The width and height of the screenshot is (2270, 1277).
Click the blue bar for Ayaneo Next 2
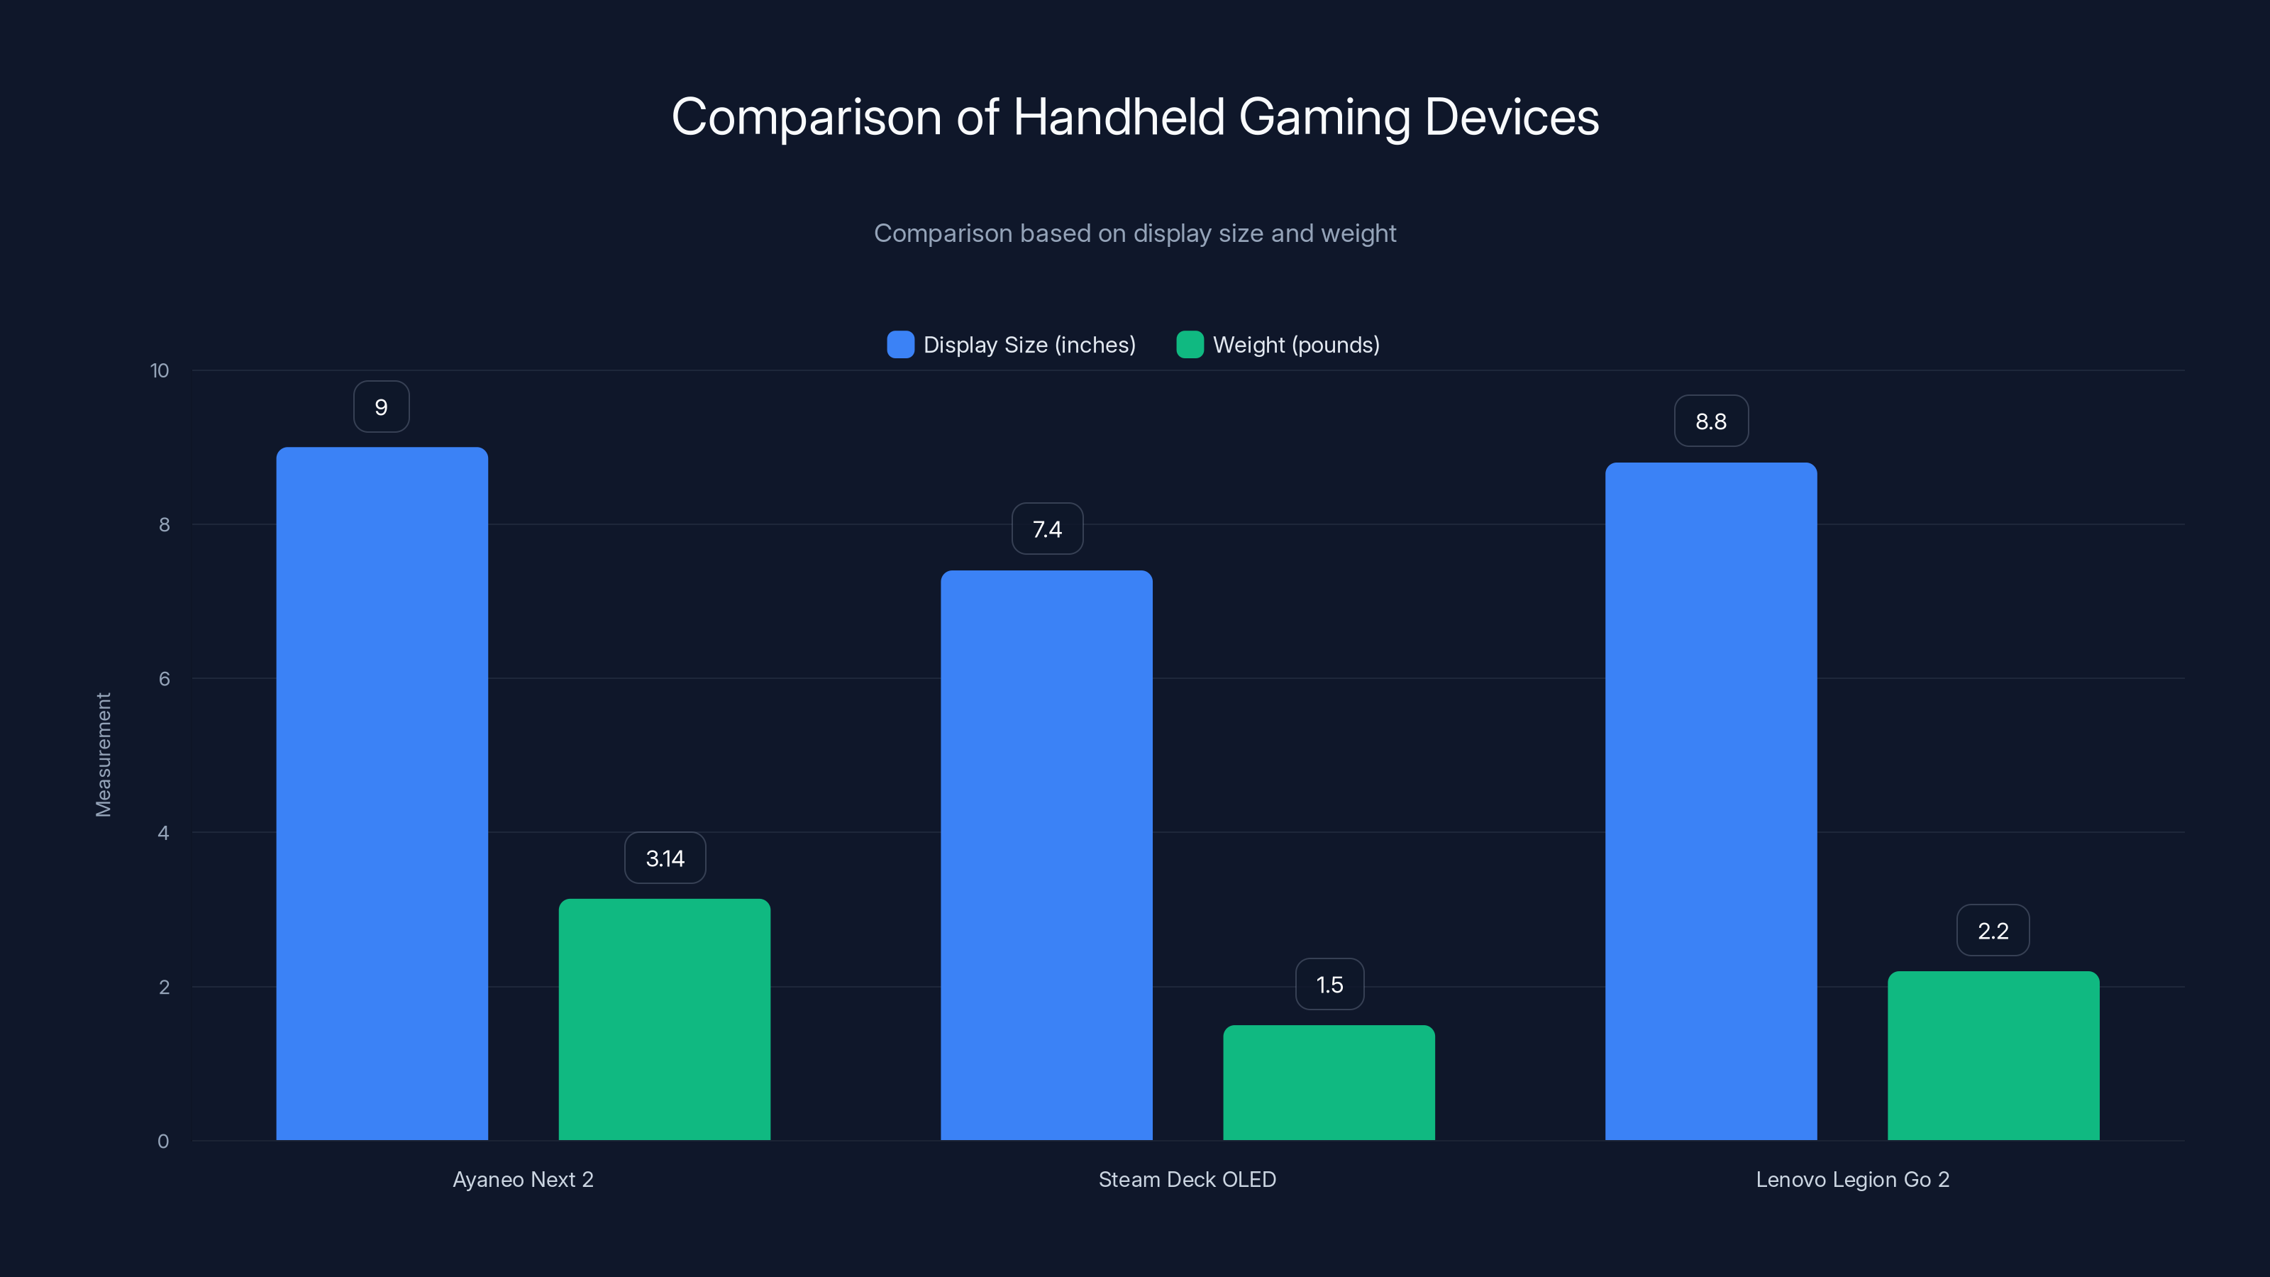point(382,793)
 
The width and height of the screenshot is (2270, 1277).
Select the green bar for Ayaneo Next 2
point(665,1019)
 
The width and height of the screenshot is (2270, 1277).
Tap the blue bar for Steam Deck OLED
point(1046,855)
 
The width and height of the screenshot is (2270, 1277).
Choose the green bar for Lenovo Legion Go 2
point(1993,1055)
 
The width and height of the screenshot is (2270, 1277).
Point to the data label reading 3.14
point(665,858)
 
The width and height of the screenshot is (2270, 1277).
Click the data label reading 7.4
point(1047,529)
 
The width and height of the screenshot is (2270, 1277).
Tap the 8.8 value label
point(1710,421)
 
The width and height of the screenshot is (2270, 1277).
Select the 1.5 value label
point(1329,985)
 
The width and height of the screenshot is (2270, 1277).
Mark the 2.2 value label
point(1993,931)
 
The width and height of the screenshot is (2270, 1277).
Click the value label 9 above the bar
point(382,407)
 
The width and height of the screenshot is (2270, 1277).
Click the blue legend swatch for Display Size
point(899,345)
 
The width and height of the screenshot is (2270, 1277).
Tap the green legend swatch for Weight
point(1190,345)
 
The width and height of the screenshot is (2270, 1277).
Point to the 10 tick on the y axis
point(160,370)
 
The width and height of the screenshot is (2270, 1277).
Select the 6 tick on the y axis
point(164,679)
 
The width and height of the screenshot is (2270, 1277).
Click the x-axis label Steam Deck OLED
point(1187,1179)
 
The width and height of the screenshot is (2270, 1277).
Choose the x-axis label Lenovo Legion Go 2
point(1852,1179)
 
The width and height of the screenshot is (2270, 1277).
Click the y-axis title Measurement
point(103,754)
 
